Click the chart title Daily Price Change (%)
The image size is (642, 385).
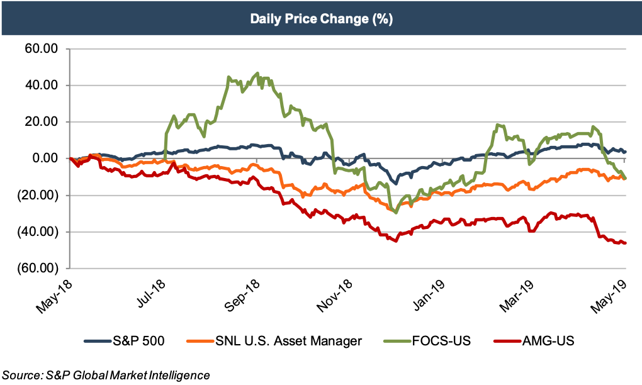pos(321,19)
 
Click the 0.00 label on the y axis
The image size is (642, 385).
pos(44,159)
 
